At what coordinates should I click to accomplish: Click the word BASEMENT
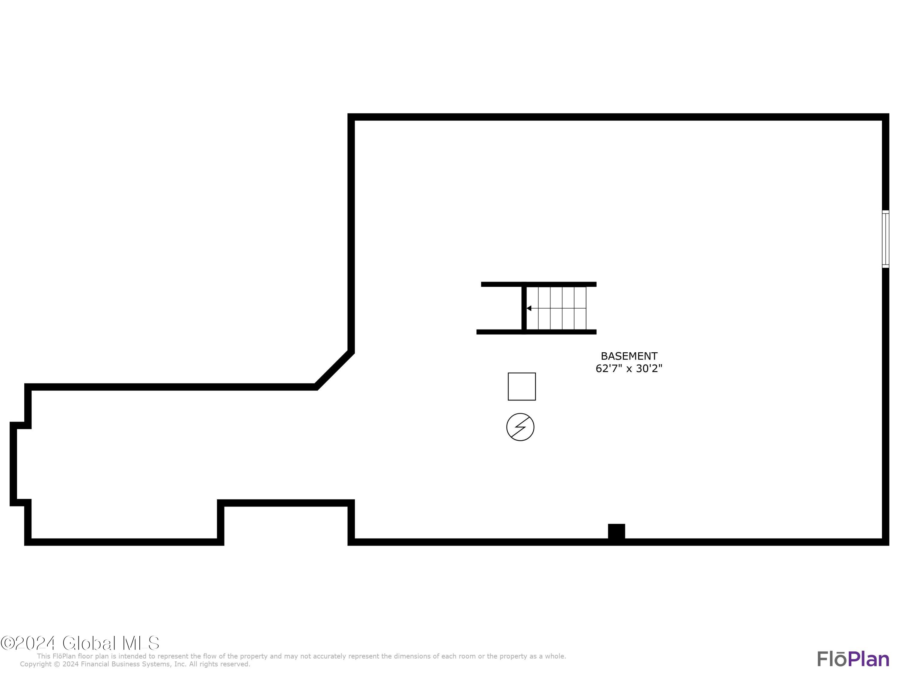(629, 356)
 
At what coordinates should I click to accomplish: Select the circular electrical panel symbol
(520, 427)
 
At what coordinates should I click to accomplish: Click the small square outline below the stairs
(521, 386)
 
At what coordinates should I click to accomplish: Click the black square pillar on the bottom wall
(616, 531)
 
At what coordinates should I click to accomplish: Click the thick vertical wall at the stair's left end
(524, 308)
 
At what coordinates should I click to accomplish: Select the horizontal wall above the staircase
(539, 284)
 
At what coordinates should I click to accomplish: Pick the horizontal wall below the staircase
(536, 332)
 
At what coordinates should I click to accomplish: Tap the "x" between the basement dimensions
(629, 369)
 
